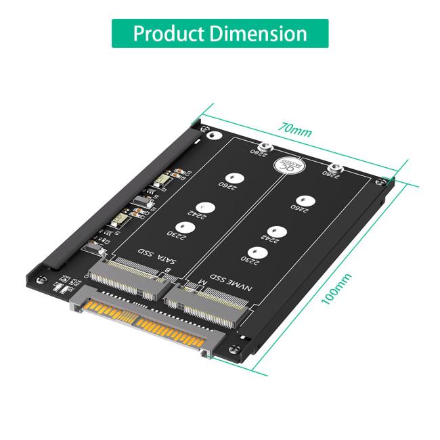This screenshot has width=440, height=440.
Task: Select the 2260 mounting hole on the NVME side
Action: click(x=304, y=200)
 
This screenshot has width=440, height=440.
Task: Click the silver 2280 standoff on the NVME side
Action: click(x=334, y=169)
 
